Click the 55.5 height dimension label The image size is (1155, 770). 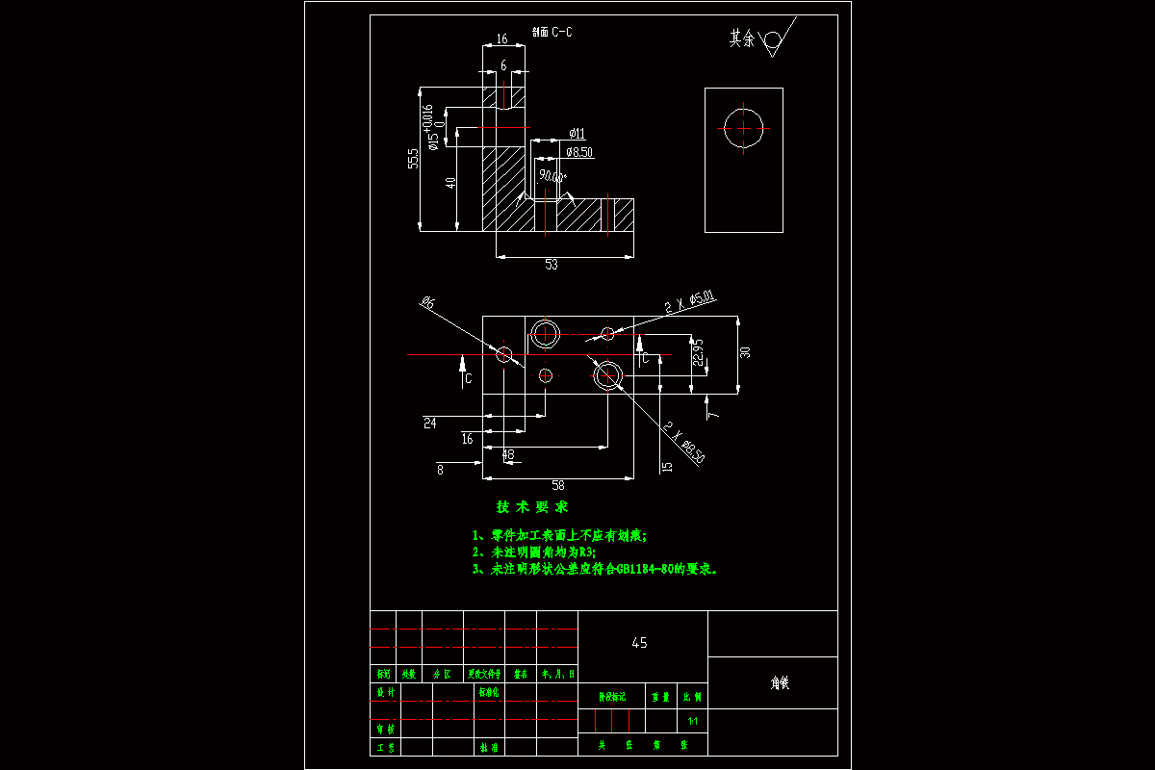(x=413, y=159)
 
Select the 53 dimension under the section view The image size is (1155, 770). (x=552, y=265)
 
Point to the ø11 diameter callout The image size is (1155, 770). (x=577, y=133)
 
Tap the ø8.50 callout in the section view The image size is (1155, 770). (x=579, y=152)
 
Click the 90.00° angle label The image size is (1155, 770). (x=552, y=176)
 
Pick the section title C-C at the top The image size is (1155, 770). (x=552, y=32)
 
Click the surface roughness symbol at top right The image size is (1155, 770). (x=772, y=41)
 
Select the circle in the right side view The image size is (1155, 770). (x=744, y=128)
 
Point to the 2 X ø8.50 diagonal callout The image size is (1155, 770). (x=682, y=441)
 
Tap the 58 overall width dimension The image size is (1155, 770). (x=558, y=485)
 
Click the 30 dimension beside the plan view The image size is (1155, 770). (x=744, y=352)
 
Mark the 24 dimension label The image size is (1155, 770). (x=429, y=422)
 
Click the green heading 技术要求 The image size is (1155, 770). (x=532, y=507)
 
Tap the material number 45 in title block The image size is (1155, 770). (x=639, y=643)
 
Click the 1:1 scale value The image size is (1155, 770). (x=692, y=721)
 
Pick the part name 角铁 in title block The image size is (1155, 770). (x=780, y=682)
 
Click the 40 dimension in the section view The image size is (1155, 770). (x=450, y=184)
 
